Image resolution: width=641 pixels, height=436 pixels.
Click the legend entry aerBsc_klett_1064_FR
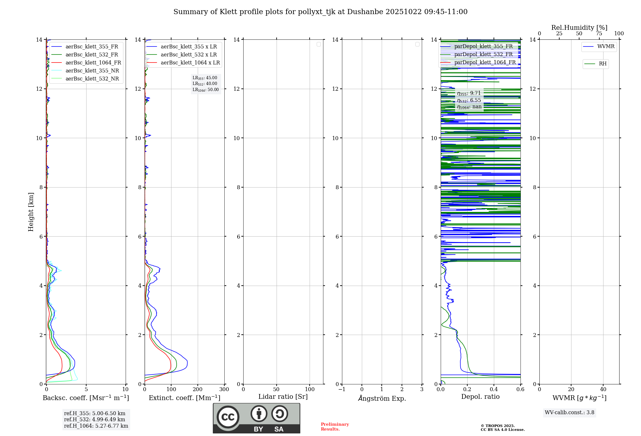(x=93, y=63)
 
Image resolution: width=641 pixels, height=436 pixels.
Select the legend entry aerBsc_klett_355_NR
(x=92, y=71)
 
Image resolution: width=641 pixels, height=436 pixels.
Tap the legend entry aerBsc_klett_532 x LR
(x=188, y=55)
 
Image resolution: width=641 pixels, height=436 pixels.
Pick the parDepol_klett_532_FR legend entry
(x=483, y=54)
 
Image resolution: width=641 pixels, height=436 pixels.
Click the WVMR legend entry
(x=606, y=46)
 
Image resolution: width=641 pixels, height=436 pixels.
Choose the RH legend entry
(x=603, y=64)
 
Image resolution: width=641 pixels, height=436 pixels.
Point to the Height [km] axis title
(x=31, y=212)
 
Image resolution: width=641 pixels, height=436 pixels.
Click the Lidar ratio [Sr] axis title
(x=283, y=397)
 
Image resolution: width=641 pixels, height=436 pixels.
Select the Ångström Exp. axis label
(x=382, y=398)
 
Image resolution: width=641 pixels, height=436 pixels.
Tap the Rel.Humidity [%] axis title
(x=579, y=28)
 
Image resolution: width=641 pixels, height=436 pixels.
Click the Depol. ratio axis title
(x=480, y=397)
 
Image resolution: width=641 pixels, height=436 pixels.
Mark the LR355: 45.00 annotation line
(x=205, y=78)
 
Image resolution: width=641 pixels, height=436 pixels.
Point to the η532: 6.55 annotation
(x=469, y=100)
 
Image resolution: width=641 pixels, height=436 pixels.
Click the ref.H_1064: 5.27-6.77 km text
(x=96, y=426)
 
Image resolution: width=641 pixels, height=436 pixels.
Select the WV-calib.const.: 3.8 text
(x=570, y=412)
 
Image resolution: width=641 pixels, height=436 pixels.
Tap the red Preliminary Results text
(x=335, y=426)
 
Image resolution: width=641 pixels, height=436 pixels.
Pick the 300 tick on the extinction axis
(x=224, y=389)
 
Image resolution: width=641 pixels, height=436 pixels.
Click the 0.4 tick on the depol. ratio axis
(x=494, y=389)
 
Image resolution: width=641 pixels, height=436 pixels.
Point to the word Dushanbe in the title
(x=365, y=12)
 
